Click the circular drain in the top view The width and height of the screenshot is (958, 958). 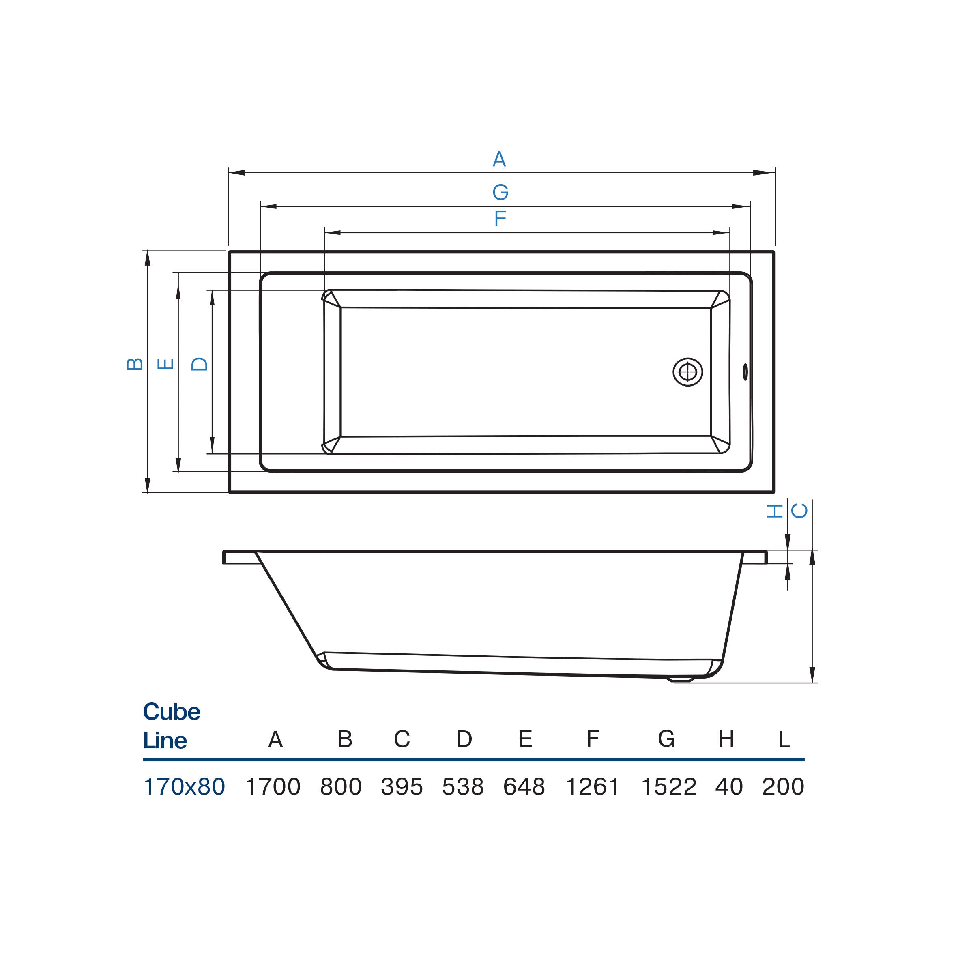click(x=688, y=372)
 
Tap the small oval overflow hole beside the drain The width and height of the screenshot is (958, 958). click(x=745, y=372)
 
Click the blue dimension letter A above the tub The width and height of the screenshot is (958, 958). click(x=499, y=159)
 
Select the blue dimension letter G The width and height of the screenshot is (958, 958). click(x=500, y=192)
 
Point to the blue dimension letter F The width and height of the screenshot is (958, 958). click(x=500, y=218)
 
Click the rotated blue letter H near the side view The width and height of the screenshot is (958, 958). click(x=775, y=511)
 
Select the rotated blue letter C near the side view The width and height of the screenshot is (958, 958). click(x=799, y=511)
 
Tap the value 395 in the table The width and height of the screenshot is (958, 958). click(x=402, y=787)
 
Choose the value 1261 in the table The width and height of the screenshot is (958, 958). click(x=593, y=787)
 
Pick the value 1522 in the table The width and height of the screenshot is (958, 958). click(x=669, y=787)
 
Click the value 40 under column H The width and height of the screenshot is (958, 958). click(x=729, y=787)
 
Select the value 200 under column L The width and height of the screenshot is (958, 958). click(x=783, y=787)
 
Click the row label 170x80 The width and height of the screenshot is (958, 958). click(x=184, y=787)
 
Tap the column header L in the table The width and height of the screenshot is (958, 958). click(x=784, y=740)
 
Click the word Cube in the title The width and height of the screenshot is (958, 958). click(x=172, y=712)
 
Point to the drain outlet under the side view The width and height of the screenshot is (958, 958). click(x=680, y=680)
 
